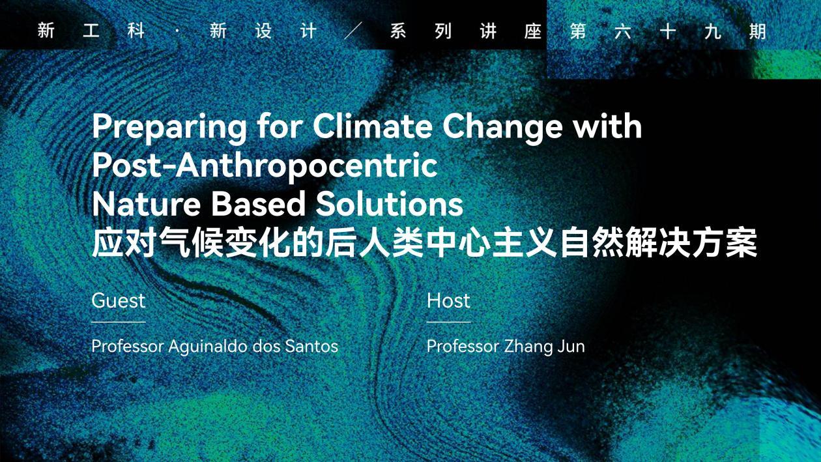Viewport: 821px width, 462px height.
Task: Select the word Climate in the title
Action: pos(373,126)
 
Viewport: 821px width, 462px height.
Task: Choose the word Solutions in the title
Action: pos(389,203)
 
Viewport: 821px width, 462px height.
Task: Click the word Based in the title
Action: pos(258,203)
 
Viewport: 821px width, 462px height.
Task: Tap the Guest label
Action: pos(119,300)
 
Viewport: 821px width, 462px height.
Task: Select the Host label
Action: pos(448,300)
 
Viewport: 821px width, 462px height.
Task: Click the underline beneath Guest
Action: pos(119,322)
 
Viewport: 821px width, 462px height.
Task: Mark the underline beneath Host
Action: pos(448,322)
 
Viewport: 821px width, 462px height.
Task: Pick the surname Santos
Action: pos(311,347)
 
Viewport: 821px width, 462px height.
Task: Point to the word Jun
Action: pos(571,347)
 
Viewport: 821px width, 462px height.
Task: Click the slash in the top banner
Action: pos(353,31)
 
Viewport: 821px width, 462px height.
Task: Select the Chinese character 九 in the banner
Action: pos(713,31)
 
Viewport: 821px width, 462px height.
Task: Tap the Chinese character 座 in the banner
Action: pos(533,31)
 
